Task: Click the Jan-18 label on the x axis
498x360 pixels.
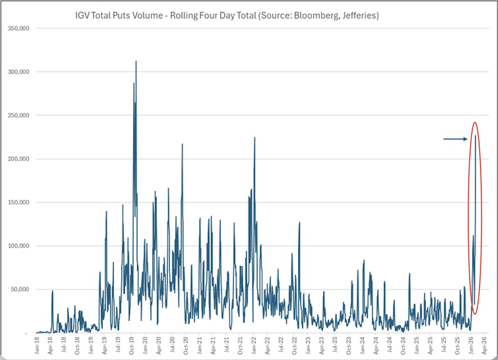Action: click(37, 345)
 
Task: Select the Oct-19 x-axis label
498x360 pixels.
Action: click(132, 345)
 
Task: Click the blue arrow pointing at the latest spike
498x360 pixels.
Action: click(455, 139)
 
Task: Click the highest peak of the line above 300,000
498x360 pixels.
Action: click(136, 61)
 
